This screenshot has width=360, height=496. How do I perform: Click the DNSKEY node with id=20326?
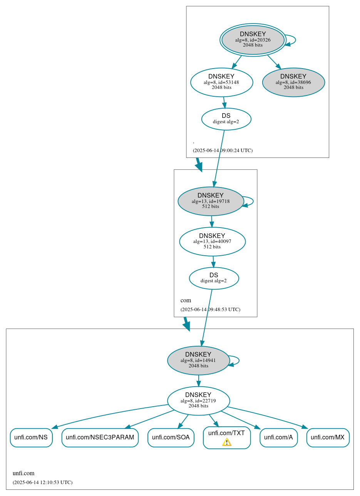(x=253, y=40)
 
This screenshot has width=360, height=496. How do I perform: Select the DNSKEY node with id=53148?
(x=221, y=82)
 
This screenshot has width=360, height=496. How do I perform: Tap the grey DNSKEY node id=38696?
(x=293, y=82)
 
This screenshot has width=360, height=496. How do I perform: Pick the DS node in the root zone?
(x=226, y=119)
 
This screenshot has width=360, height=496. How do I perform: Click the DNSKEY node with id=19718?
(x=211, y=201)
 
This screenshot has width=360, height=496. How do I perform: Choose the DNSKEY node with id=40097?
(x=212, y=241)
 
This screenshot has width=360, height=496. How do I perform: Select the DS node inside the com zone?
(x=214, y=278)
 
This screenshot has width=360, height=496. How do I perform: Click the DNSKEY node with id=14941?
(x=198, y=360)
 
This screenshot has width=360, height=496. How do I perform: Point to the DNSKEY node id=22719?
(x=198, y=401)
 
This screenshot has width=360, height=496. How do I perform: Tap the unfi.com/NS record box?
(x=31, y=437)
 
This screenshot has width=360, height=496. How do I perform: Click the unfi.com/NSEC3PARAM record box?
(x=100, y=437)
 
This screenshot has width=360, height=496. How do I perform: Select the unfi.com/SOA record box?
(x=171, y=437)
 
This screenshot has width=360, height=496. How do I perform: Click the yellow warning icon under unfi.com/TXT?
(x=227, y=442)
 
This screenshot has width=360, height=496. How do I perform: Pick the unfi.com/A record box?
(x=278, y=437)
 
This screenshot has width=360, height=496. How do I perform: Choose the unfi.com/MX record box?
(x=328, y=437)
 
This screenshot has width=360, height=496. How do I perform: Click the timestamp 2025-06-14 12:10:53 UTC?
(x=42, y=482)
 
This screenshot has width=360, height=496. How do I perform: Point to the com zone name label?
(x=186, y=300)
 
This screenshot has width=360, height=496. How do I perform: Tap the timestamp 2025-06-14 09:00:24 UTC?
(x=223, y=150)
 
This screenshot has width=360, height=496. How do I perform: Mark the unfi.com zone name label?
(x=23, y=473)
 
